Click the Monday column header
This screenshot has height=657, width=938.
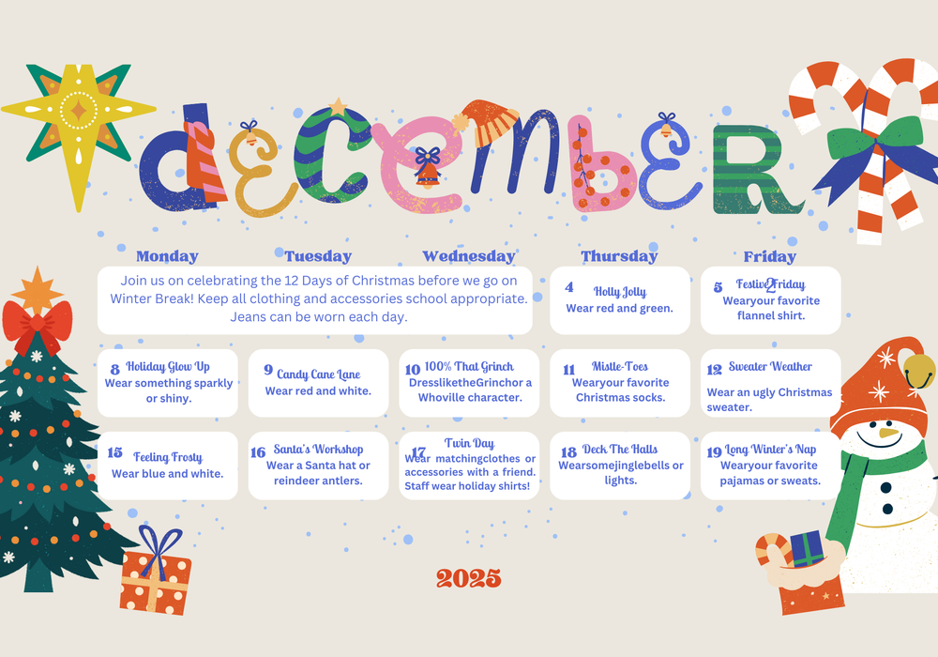click(x=167, y=256)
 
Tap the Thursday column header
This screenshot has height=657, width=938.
click(x=619, y=256)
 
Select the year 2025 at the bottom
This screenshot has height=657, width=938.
click(x=469, y=578)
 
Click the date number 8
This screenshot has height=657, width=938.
click(x=115, y=370)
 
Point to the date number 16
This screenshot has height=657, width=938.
click(x=258, y=452)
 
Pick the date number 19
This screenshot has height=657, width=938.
click(x=715, y=452)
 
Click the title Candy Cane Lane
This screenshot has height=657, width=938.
click(x=318, y=374)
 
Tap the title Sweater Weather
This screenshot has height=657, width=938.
click(x=770, y=366)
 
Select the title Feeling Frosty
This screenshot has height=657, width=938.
click(x=168, y=457)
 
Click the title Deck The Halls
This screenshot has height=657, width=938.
click(x=620, y=450)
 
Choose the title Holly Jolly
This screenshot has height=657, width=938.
click(x=620, y=292)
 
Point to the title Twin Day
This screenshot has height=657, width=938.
click(x=469, y=443)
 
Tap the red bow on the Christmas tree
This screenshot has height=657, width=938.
click(x=38, y=322)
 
